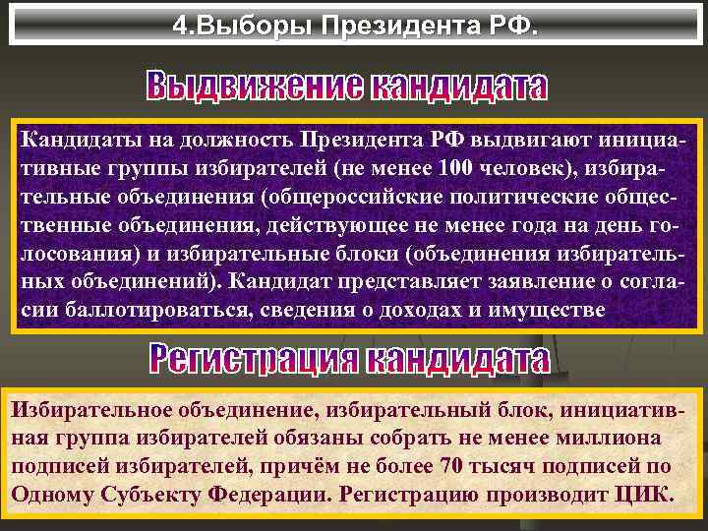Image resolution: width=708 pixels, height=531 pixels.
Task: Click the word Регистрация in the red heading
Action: pos(254,360)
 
